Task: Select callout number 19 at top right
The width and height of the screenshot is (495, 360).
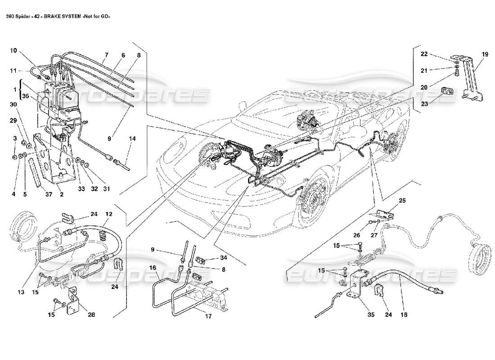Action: click(484, 54)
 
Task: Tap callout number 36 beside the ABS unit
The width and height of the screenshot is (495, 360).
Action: click(25, 96)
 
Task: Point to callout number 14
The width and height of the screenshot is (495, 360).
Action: click(132, 139)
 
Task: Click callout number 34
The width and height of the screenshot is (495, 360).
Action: click(223, 258)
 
